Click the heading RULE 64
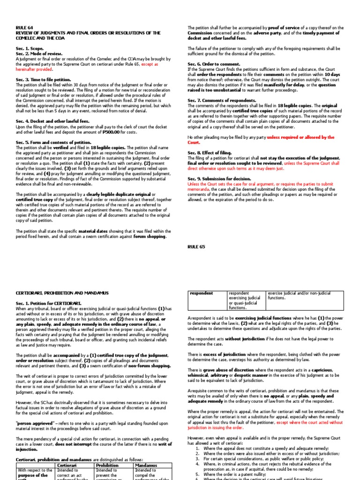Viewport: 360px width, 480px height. point(23,28)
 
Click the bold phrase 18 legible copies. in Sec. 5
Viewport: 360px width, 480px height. point(105,147)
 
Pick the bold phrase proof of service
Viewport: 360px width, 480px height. point(286,28)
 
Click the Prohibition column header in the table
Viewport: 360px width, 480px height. point(107,465)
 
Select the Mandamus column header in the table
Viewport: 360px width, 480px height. point(146,465)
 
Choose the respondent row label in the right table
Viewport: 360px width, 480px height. point(201,293)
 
